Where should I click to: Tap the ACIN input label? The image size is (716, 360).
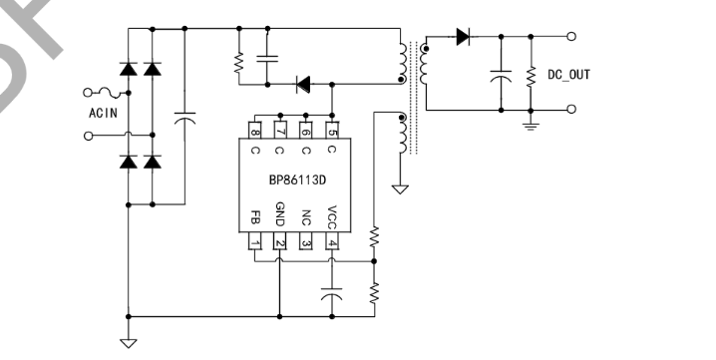(x=103, y=112)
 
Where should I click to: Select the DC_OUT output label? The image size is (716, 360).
(x=568, y=74)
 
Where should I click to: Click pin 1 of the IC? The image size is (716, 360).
(x=256, y=242)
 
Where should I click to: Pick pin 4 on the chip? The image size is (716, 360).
(x=331, y=242)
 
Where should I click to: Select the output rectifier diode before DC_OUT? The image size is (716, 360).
(x=463, y=37)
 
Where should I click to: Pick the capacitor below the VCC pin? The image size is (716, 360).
(x=332, y=295)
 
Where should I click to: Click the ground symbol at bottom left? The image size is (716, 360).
(x=128, y=342)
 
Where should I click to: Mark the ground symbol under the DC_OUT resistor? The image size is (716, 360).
(x=531, y=124)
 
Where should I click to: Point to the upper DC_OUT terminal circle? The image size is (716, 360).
(x=570, y=37)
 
